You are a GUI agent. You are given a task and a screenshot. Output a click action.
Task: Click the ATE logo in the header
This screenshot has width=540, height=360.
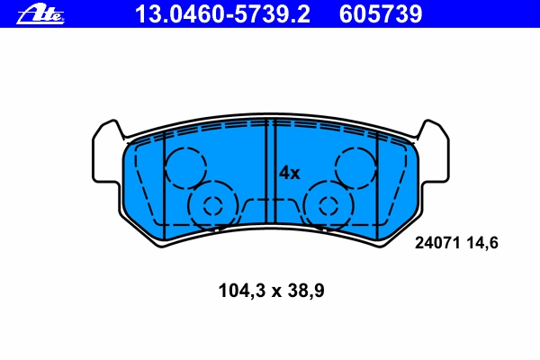pos(40,14)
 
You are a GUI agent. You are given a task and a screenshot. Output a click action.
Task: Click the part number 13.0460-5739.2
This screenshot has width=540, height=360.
pos(222,14)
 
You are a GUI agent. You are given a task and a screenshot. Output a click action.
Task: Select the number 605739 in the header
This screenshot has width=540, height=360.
pos(381,14)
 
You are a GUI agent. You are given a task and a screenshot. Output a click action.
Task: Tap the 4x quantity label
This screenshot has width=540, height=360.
pos(289,173)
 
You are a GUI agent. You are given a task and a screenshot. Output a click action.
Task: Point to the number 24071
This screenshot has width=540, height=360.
pos(437,243)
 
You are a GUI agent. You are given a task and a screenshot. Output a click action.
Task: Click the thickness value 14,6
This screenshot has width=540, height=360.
pos(482,243)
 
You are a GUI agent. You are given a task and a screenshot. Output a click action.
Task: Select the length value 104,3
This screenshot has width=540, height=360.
pos(242,291)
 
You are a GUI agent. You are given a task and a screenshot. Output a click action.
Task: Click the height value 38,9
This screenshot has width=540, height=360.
pos(306,291)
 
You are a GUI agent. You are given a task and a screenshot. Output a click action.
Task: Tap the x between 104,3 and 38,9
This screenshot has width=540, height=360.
pos(276,292)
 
